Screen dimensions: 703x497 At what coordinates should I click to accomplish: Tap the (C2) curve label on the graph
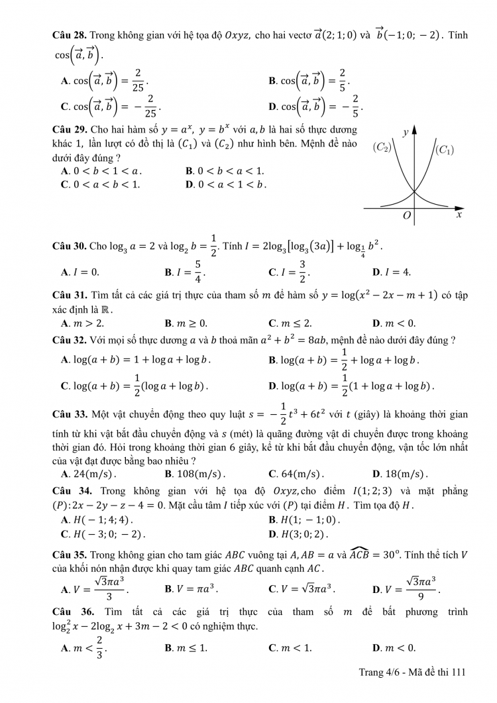click(x=383, y=147)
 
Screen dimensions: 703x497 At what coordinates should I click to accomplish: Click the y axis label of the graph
click(x=405, y=133)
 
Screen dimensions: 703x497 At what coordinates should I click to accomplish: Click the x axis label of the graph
click(x=459, y=215)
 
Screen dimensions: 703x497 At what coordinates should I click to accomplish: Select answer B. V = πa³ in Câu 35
click(x=191, y=588)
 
